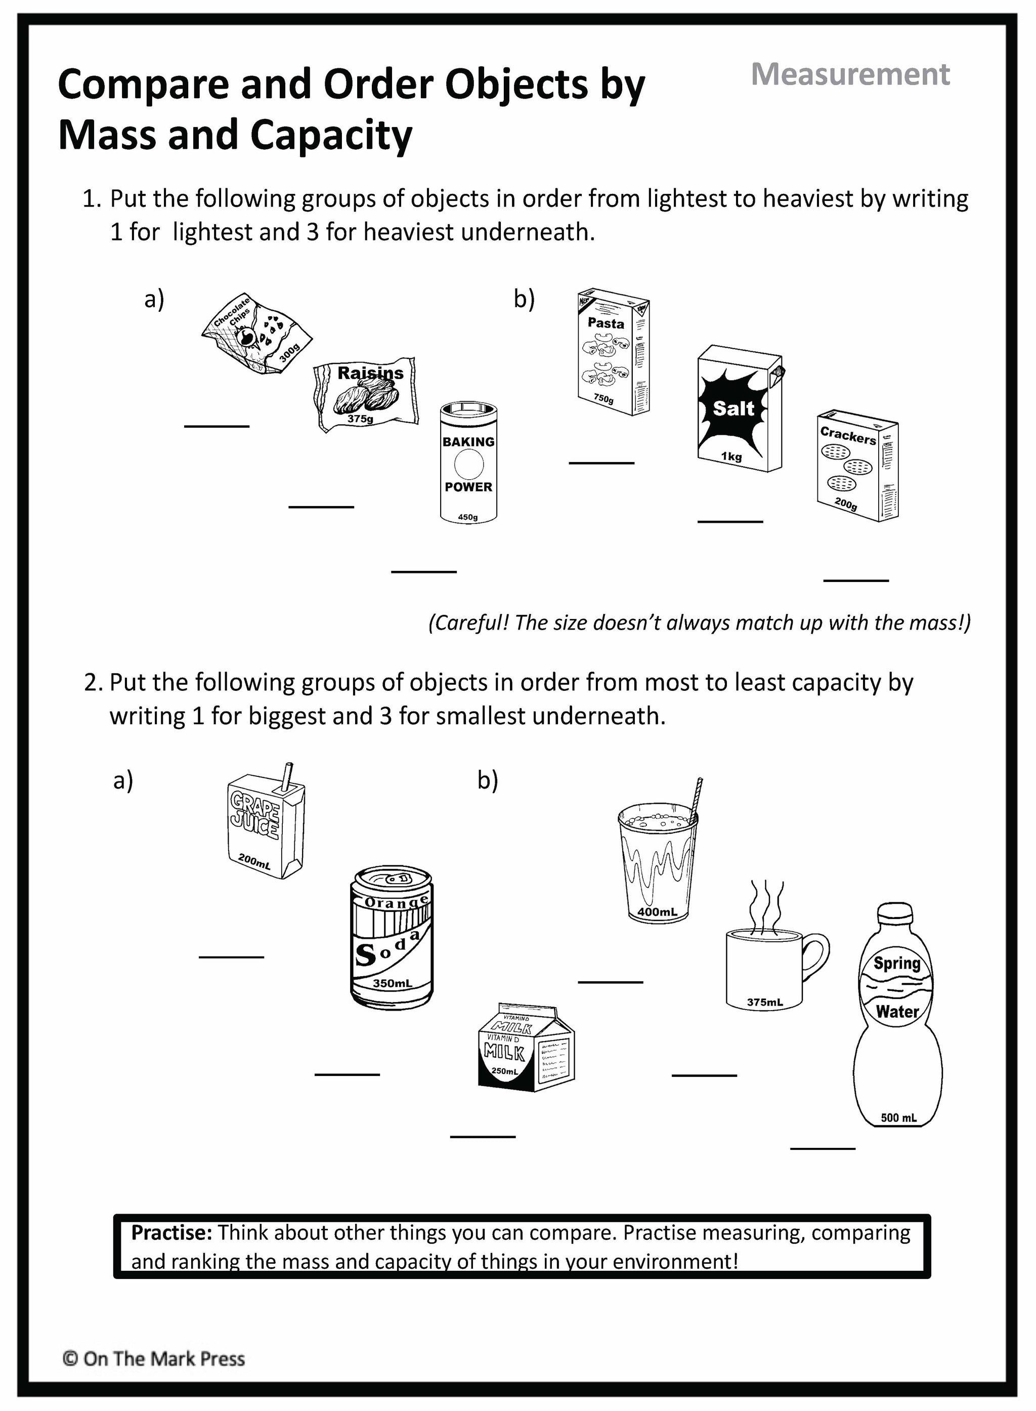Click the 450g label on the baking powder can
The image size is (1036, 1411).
468,517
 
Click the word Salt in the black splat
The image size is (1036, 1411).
733,408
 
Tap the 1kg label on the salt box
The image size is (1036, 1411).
731,456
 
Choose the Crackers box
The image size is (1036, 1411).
858,465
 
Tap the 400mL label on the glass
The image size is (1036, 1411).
657,911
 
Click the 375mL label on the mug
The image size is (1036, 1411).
765,1003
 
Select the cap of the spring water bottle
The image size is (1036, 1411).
897,913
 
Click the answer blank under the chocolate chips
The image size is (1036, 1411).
217,427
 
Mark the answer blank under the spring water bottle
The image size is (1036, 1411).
822,1148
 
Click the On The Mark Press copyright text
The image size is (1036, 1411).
154,1359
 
